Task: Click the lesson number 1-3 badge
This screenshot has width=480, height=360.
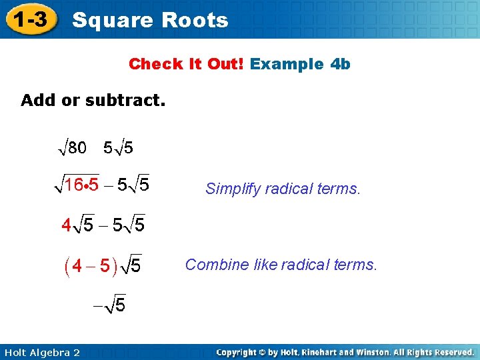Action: [x=31, y=20]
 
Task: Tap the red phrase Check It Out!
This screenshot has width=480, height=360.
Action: [x=187, y=64]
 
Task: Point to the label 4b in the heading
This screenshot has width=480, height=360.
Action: [x=339, y=64]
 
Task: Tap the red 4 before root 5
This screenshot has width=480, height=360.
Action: [x=66, y=226]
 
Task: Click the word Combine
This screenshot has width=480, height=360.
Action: [x=213, y=265]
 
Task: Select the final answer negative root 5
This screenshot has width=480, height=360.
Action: [x=109, y=305]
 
